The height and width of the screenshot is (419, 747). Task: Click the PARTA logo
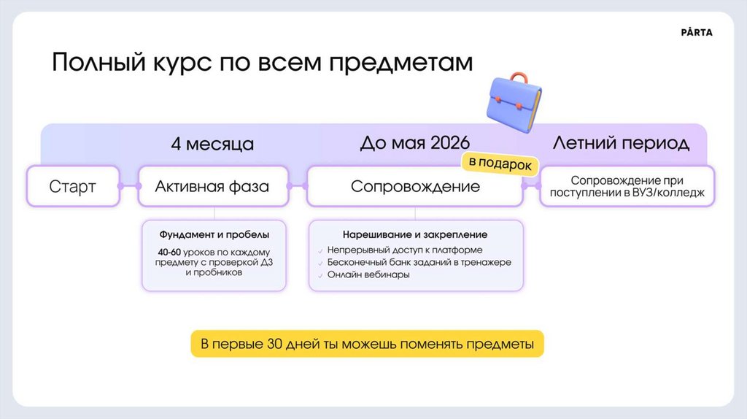696,33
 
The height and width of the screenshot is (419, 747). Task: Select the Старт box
72,186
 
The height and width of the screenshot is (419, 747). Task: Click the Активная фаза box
212,186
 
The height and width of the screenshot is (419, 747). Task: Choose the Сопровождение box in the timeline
415,186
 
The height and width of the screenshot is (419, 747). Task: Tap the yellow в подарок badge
499,164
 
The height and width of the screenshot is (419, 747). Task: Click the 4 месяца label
212,144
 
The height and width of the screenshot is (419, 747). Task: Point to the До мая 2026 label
414,142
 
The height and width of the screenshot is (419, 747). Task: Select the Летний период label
621,142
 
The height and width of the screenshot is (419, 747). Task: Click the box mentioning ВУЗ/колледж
627,186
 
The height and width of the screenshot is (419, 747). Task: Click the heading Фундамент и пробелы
214,235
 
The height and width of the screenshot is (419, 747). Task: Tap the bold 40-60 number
170,252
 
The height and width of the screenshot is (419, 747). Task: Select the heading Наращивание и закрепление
414,235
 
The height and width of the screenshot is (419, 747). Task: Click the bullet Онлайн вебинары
368,275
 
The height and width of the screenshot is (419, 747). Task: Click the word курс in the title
178,63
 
